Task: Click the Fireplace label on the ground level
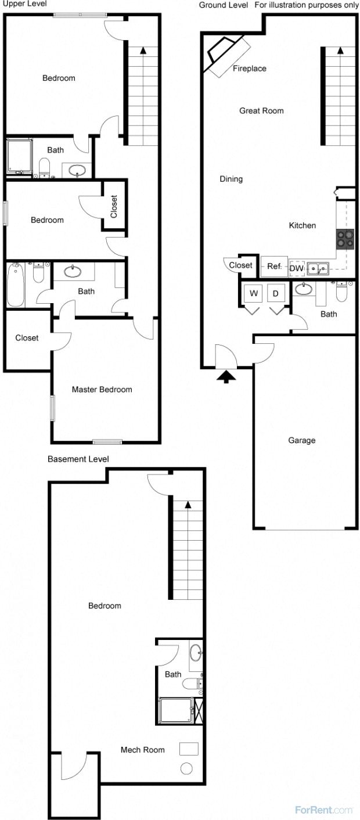249,69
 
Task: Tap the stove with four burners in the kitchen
345,239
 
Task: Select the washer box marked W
254,294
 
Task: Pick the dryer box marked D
276,294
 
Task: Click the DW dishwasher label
296,268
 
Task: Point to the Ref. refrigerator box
274,267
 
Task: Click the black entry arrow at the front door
226,377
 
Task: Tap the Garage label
302,440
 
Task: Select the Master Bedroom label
102,390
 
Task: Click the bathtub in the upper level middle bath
16,285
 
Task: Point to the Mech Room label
142,750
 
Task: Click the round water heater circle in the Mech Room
186,768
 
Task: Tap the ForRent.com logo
323,810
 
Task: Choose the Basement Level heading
78,459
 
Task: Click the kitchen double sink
318,268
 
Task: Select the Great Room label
261,111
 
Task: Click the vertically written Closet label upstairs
114,207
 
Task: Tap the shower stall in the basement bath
177,710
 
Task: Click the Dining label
231,179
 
